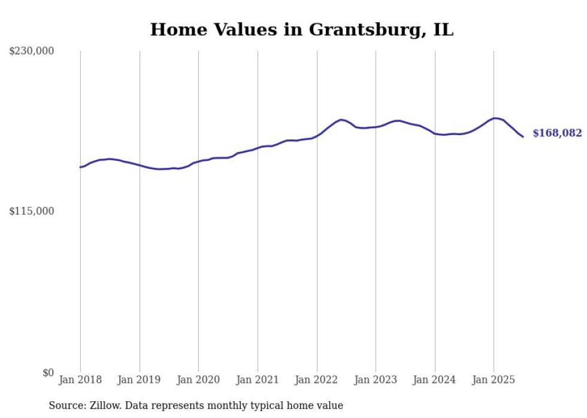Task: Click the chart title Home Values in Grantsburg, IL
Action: [x=301, y=29]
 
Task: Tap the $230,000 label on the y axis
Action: [x=32, y=51]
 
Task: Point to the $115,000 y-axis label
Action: [x=32, y=211]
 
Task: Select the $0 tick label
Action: [x=48, y=373]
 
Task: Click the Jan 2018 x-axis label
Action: [x=80, y=380]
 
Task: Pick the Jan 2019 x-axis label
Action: [x=140, y=380]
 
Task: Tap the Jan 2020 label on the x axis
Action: [x=198, y=380]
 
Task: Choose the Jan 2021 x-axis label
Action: [x=258, y=380]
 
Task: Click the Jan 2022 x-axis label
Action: [x=317, y=380]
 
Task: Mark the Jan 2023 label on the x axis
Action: [x=376, y=380]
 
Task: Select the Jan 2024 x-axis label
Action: [x=435, y=380]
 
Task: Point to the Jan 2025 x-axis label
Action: [x=494, y=380]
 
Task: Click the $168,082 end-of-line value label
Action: [x=557, y=133]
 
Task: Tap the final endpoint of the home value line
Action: [x=523, y=137]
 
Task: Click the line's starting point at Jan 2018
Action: [x=80, y=167]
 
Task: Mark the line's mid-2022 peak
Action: [x=341, y=120]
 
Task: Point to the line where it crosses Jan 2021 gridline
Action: [x=258, y=147]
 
